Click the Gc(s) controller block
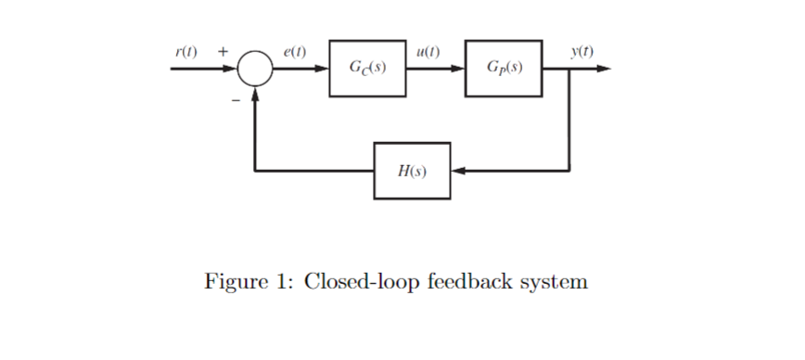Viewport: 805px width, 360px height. pos(368,68)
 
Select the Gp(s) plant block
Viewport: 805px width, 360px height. pos(505,68)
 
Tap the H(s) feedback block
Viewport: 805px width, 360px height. pos(412,171)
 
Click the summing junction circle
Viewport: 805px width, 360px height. pos(255,69)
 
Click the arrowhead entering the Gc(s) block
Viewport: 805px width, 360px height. pos(322,69)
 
